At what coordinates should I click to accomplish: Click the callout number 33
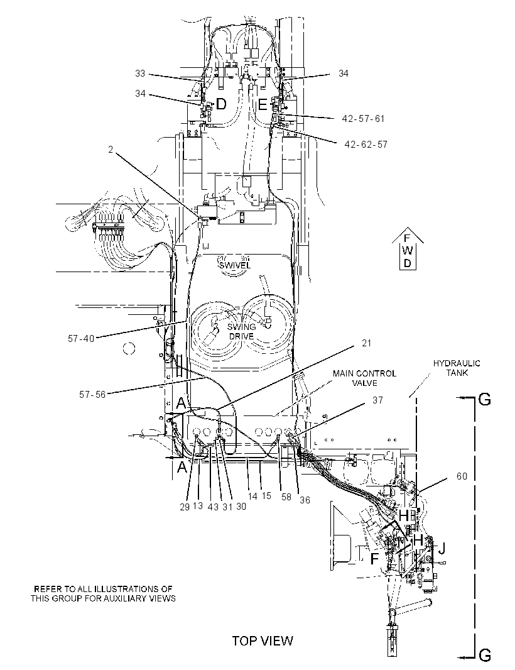[x=140, y=74]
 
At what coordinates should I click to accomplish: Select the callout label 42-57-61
[x=363, y=119]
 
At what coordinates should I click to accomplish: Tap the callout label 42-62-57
[x=366, y=145]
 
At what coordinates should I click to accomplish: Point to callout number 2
[x=111, y=150]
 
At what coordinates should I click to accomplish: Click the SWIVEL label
[x=235, y=265]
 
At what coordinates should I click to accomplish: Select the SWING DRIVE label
[x=242, y=332]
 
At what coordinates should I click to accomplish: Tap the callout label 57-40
[x=81, y=339]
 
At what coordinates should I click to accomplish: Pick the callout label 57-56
[x=92, y=394]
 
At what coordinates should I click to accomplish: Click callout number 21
[x=366, y=343]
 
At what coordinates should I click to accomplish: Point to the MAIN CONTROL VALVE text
[x=364, y=378]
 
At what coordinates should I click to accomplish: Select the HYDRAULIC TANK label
[x=457, y=368]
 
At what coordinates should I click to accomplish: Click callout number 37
[x=377, y=400]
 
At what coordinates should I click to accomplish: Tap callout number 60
[x=462, y=476]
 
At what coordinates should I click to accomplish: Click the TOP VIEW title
[x=263, y=640]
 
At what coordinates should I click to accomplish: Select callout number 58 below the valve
[x=286, y=497]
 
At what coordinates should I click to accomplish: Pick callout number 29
[x=185, y=507]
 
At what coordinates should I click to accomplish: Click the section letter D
[x=221, y=104]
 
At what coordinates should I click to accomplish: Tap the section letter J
[x=442, y=548]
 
